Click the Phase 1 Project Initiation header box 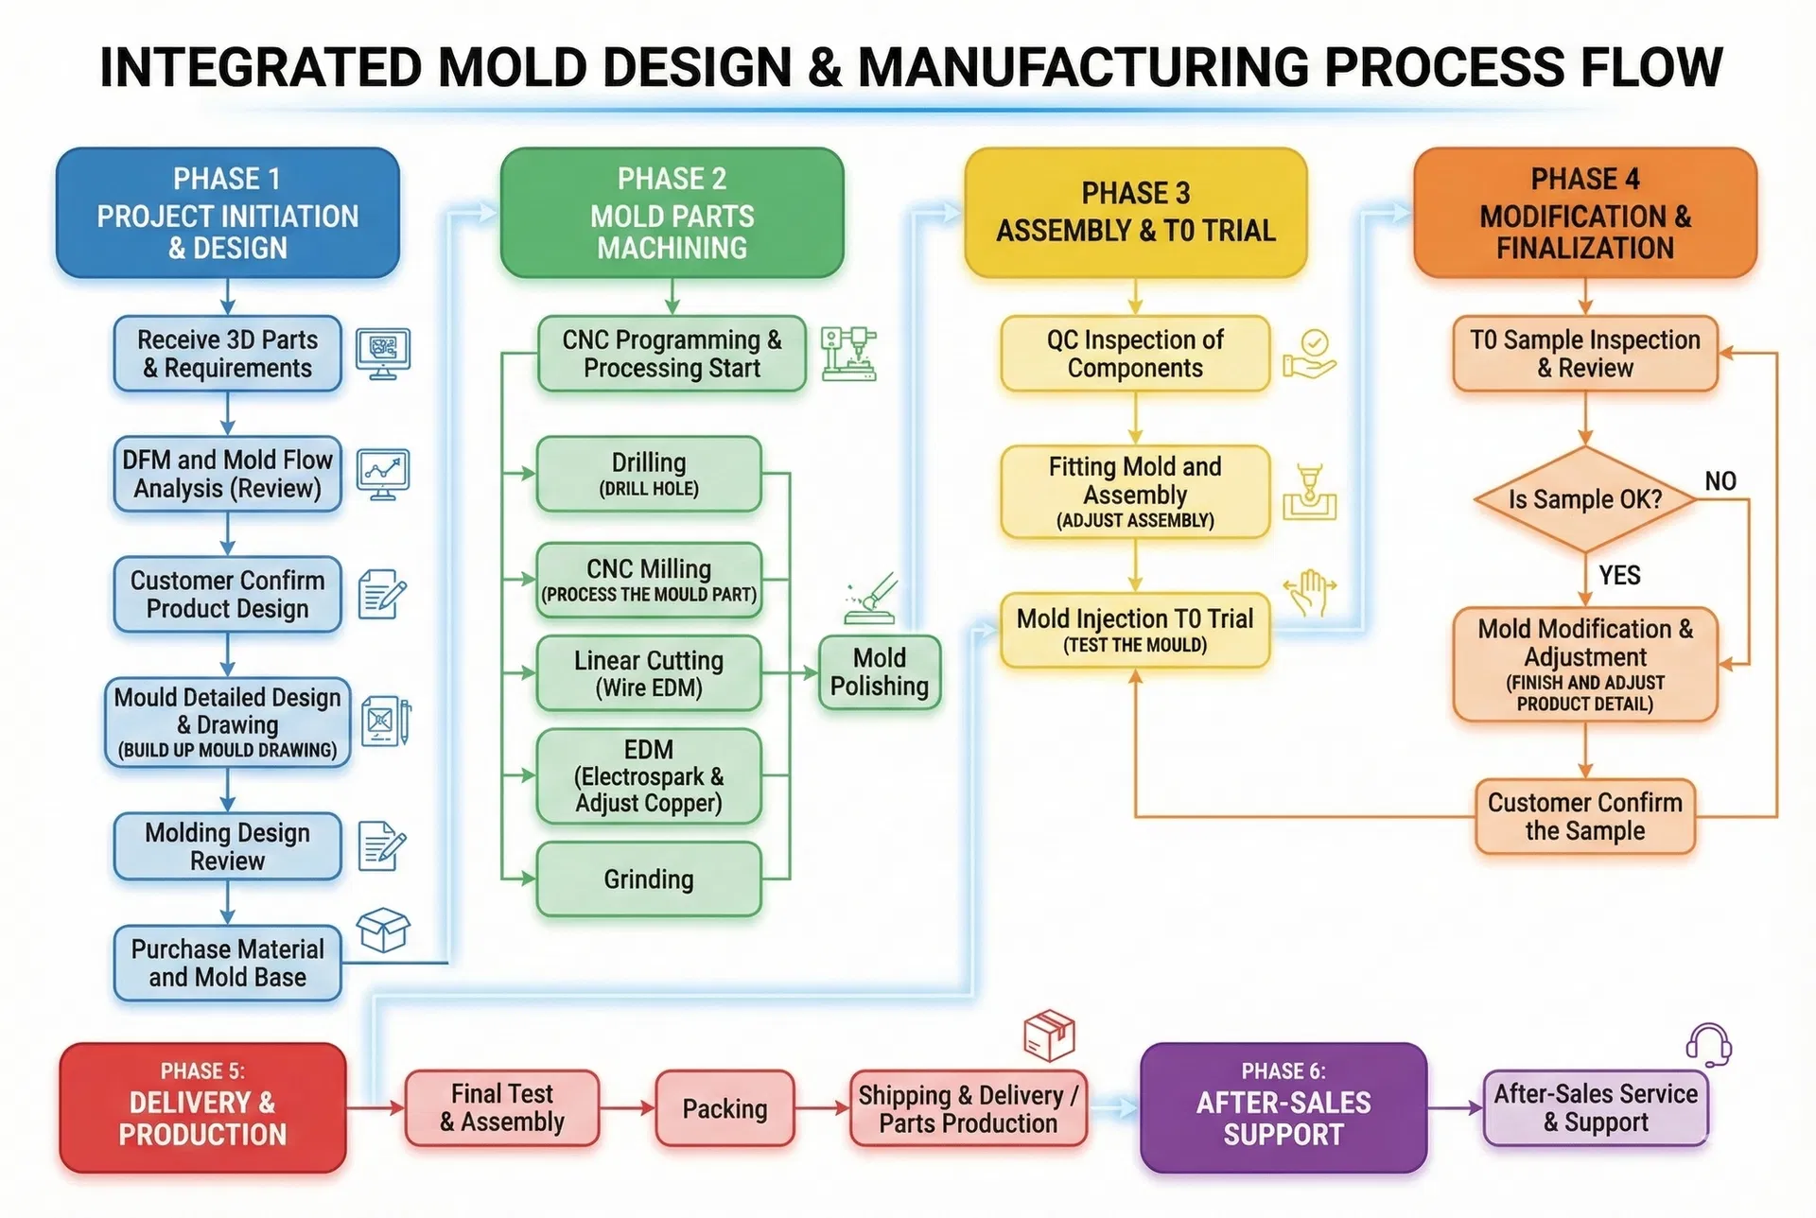point(227,213)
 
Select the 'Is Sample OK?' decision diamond point(1585,499)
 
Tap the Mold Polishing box point(879,672)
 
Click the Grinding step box point(649,879)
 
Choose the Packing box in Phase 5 point(725,1108)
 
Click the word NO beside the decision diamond point(1720,481)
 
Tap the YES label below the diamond point(1619,575)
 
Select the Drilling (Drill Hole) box point(649,474)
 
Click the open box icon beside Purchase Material point(383,930)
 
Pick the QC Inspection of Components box point(1135,354)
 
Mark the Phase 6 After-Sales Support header point(1283,1107)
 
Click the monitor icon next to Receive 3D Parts point(382,354)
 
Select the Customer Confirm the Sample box point(1584,817)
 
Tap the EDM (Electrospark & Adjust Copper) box point(649,776)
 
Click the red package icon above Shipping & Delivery point(1049,1035)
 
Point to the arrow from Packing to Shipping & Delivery point(822,1108)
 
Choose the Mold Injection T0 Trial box point(1135,630)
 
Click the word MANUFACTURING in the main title point(1083,67)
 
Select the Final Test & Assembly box point(502,1108)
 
